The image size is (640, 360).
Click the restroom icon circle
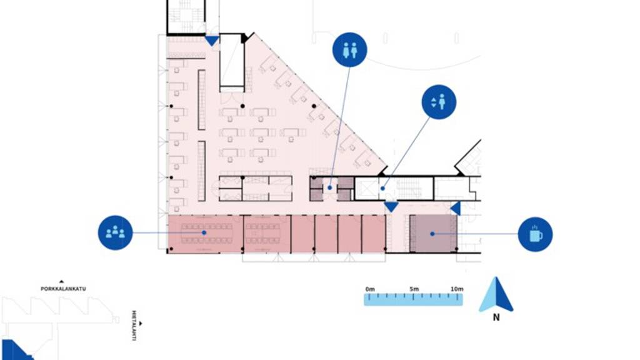tap(350, 50)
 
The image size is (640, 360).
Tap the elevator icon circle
tap(439, 102)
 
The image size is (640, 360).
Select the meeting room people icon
tap(116, 233)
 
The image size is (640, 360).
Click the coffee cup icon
tap(536, 234)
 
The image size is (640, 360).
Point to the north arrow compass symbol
tap(496, 294)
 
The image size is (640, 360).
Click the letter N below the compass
tap(496, 317)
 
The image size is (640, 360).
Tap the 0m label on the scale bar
tap(370, 289)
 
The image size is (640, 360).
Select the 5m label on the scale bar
tap(414, 289)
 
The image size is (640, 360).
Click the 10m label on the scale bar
tap(457, 289)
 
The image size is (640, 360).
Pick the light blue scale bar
tap(413, 299)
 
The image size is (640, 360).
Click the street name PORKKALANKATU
tap(63, 289)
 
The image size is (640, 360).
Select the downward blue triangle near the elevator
tap(391, 206)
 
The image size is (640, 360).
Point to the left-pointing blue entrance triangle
tap(456, 208)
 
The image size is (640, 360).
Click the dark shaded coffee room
tap(433, 233)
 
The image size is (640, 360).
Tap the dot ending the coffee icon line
tap(432, 234)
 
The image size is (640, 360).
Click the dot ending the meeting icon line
tap(204, 233)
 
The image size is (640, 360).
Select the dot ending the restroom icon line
tap(330, 187)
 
